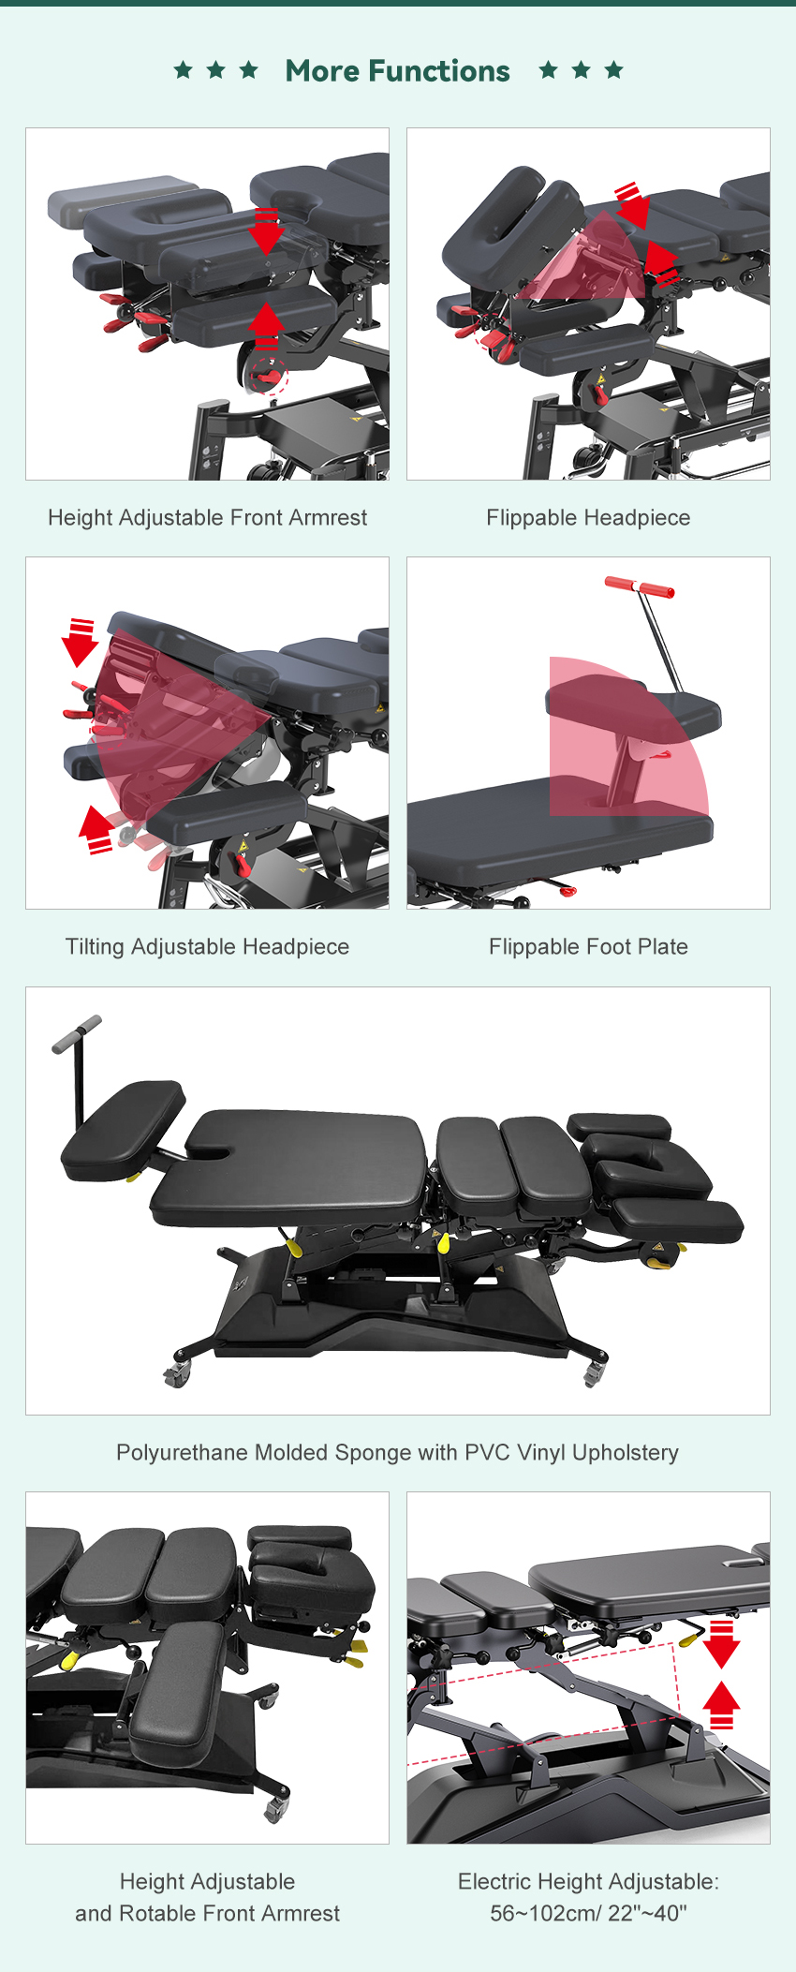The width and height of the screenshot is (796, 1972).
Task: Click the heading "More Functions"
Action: [x=397, y=71]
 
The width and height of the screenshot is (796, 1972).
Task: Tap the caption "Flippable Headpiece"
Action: [x=588, y=518]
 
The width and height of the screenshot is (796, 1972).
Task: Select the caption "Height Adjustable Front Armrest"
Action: [x=207, y=518]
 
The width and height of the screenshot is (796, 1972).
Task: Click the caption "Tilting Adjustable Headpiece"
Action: [x=207, y=947]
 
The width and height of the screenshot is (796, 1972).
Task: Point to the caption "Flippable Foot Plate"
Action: [x=588, y=947]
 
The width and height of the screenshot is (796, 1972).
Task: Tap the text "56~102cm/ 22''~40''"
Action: [x=588, y=1913]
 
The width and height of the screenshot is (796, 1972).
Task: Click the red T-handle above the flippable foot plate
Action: [x=639, y=587]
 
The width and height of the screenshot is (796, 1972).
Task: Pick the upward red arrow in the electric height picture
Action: [x=721, y=1705]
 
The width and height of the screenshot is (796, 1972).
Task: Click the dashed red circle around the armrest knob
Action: [x=269, y=377]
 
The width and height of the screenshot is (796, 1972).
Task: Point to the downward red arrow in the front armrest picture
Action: [x=267, y=230]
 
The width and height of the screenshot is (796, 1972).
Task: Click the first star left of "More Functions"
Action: [x=184, y=69]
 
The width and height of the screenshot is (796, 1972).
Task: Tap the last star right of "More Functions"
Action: [x=613, y=69]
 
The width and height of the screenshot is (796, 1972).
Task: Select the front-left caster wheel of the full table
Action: [x=176, y=1374]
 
